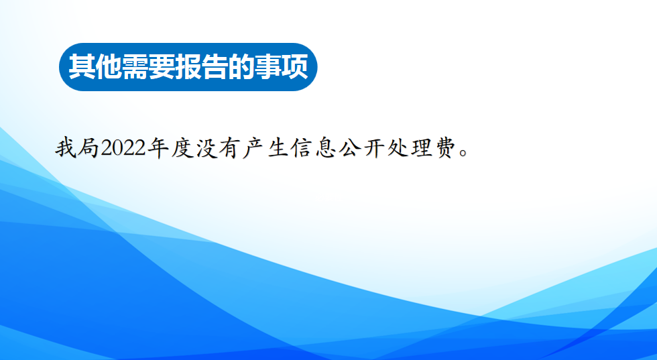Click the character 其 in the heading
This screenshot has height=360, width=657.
(82, 66)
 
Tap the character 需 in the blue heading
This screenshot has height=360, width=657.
(135, 66)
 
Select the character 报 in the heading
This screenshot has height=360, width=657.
(188, 66)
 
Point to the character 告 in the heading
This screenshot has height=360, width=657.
(215, 66)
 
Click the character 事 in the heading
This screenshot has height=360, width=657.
(269, 66)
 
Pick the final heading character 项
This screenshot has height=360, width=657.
(296, 66)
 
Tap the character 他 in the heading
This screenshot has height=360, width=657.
(109, 66)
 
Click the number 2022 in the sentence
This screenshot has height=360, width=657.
(123, 148)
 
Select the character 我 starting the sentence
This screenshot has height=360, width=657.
(66, 148)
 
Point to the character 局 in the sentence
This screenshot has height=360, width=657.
(88, 148)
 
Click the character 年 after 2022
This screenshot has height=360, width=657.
(158, 148)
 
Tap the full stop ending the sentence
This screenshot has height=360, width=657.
(463, 153)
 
